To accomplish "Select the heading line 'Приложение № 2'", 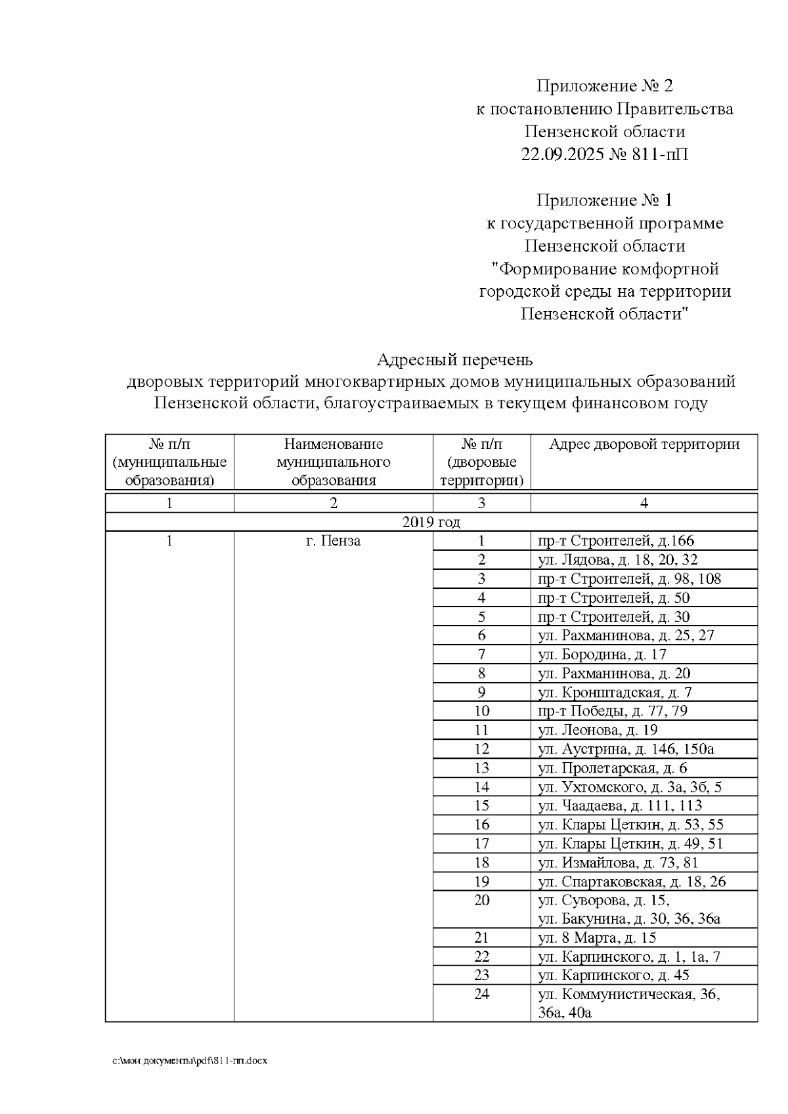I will (605, 86).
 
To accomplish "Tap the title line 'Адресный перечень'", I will (454, 360).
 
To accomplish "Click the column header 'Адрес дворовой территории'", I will (644, 444).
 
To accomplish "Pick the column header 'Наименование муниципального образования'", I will (334, 462).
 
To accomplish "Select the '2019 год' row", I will (431, 522).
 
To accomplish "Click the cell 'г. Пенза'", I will (334, 541).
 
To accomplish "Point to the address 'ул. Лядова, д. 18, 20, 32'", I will (617, 560).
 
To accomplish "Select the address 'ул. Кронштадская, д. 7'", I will (615, 693).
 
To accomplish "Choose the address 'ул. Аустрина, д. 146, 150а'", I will (625, 749).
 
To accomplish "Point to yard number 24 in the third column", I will (482, 995).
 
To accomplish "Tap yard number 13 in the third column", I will (482, 768).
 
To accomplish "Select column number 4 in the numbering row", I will (644, 503).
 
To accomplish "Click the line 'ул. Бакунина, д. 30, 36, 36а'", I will (628, 919).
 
